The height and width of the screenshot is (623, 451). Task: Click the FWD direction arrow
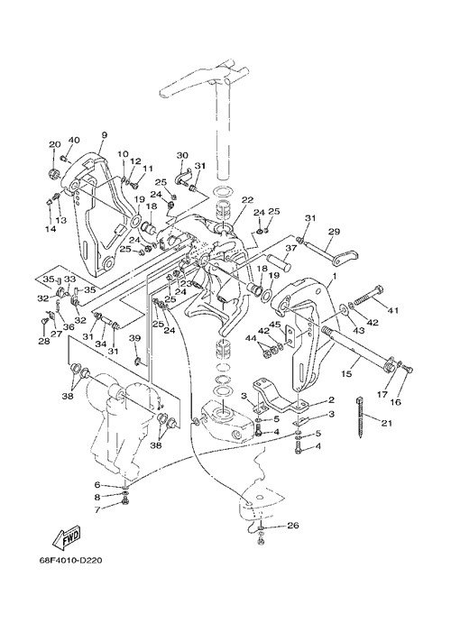coord(67,536)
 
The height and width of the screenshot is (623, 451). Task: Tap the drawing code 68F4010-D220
coord(70,561)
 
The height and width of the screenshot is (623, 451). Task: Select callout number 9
coord(104,135)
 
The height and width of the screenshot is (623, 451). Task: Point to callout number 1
coord(335,275)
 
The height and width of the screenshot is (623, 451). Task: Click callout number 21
coord(386,423)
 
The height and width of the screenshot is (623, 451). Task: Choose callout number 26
coord(292,526)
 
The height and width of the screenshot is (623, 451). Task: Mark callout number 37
coord(290,248)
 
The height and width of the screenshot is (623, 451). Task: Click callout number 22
coord(247,201)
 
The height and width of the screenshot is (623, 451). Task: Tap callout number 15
coord(346,374)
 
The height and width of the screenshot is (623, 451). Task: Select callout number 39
coord(135,338)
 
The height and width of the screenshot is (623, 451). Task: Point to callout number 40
coord(74,140)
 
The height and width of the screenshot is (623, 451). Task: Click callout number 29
coord(334,231)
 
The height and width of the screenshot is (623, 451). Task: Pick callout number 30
coord(182,155)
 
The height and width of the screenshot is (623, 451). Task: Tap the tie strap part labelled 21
coord(360,417)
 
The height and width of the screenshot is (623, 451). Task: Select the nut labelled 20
coord(53,173)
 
